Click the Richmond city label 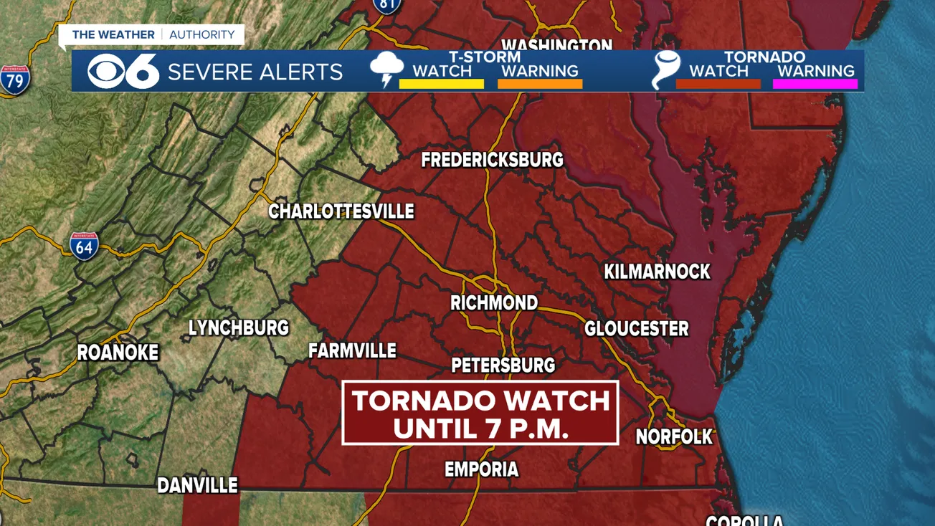click(x=494, y=303)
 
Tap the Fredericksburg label click(x=492, y=160)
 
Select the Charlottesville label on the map click(x=341, y=212)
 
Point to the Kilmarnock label click(x=657, y=272)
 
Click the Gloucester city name click(x=636, y=329)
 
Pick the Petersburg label click(x=503, y=365)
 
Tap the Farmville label click(x=352, y=351)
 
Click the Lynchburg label click(x=238, y=328)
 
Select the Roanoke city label click(x=118, y=353)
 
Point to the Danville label click(x=197, y=486)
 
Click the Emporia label click(x=481, y=470)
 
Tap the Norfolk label click(x=674, y=436)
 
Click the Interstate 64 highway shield click(x=84, y=246)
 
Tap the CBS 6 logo click(x=123, y=72)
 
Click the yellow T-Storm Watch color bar click(x=441, y=84)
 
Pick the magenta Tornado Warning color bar click(x=815, y=84)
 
